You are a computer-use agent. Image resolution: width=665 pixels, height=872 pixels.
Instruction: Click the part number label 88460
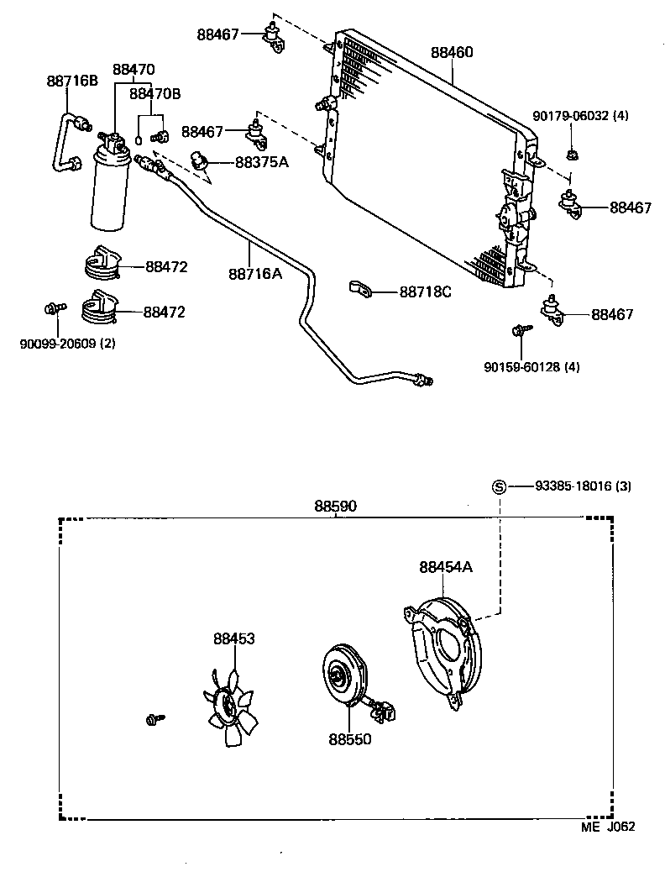(452, 52)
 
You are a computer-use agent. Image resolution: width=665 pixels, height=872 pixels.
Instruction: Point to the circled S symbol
(498, 486)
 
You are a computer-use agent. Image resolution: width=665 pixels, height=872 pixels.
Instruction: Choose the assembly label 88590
(335, 506)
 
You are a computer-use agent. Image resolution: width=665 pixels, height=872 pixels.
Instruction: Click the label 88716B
(72, 81)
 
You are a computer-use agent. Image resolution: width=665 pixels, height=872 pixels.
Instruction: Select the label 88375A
(261, 161)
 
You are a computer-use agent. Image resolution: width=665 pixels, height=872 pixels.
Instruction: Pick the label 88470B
(154, 94)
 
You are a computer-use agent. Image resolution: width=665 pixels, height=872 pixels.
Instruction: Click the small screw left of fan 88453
(154, 718)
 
